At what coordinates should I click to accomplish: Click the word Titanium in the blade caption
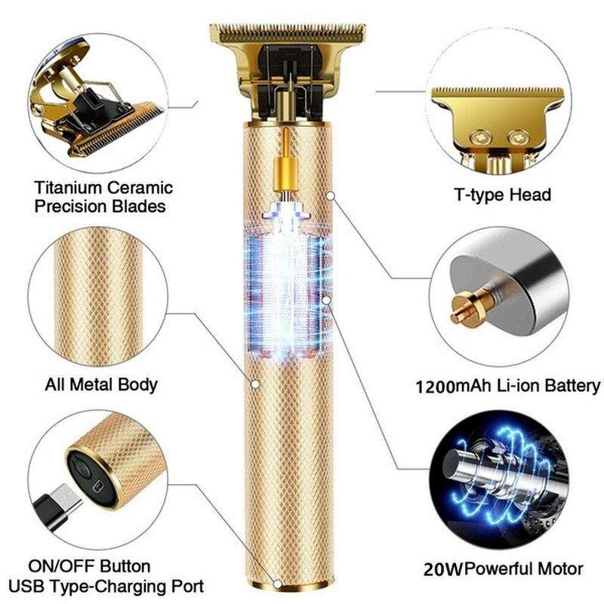pos(68,188)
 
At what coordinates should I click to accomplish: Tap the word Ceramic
pos(140,188)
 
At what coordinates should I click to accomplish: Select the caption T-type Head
pos(503,195)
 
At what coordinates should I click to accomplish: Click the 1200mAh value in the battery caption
pos(436,387)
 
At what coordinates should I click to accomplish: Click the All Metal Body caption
pos(101,385)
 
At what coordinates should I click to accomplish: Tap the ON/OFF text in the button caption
pos(62,566)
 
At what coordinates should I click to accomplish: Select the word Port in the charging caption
pos(188,587)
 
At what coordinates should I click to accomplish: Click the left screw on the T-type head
pos(481,137)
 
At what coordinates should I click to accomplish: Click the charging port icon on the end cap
pos(99,486)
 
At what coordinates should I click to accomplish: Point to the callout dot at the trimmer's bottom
pos(277,584)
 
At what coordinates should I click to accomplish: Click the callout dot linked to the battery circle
pos(330,196)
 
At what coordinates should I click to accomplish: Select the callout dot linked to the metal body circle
pos(255,384)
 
